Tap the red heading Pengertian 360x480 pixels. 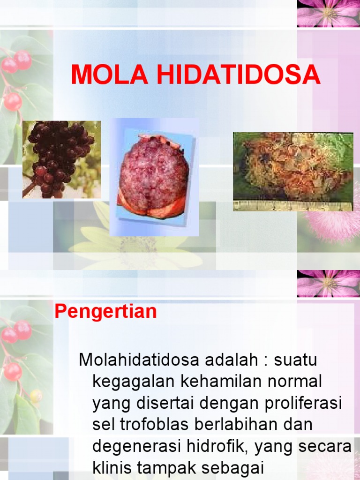click(105, 312)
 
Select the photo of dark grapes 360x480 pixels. click(61, 159)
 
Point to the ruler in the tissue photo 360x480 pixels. click(293, 205)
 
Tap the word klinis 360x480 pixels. click(113, 468)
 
